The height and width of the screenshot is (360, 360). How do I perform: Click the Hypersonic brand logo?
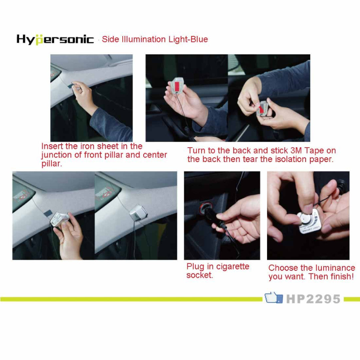click(55, 39)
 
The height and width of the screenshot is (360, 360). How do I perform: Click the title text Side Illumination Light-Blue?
click(155, 39)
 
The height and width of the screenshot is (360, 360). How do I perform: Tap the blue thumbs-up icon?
click(273, 298)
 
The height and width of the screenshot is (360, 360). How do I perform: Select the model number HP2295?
click(313, 299)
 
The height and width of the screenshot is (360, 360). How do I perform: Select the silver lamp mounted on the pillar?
click(138, 213)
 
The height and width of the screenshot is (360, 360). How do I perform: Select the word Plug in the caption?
click(195, 267)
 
